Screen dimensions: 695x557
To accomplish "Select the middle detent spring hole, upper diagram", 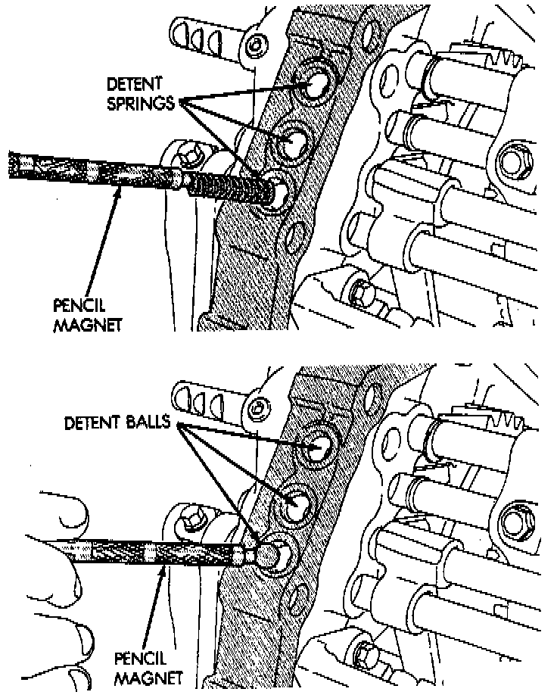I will (294, 142).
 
